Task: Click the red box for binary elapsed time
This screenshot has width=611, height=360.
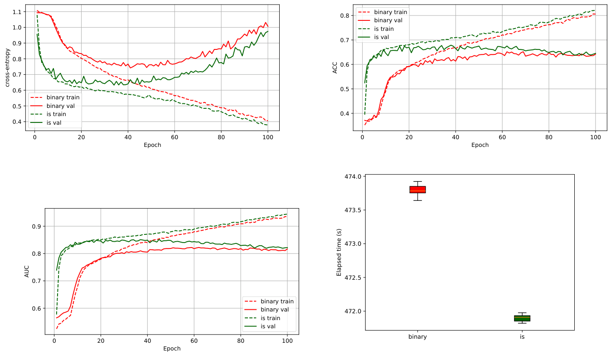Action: (x=417, y=190)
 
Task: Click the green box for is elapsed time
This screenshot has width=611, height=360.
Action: (x=522, y=318)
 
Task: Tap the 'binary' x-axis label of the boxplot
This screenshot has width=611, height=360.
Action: (x=417, y=337)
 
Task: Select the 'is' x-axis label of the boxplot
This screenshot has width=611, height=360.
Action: (x=522, y=337)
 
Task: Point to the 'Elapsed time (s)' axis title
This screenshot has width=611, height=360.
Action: (x=339, y=253)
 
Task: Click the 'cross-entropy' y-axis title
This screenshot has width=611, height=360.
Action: (x=7, y=68)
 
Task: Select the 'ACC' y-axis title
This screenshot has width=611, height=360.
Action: (x=335, y=68)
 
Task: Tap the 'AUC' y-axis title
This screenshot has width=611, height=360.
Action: (x=27, y=271)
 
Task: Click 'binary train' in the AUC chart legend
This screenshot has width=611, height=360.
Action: (x=277, y=301)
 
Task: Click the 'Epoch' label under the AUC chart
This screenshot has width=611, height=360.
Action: (x=172, y=349)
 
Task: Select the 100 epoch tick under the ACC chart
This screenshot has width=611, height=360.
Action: (x=596, y=136)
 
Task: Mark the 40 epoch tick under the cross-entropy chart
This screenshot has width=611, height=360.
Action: (x=128, y=136)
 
